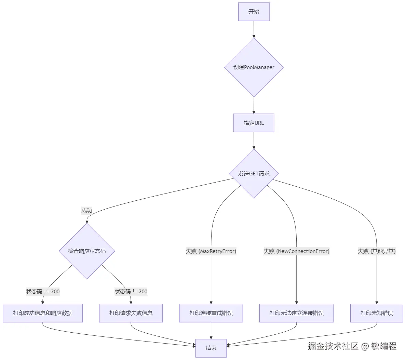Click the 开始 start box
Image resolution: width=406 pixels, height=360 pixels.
coord(254,12)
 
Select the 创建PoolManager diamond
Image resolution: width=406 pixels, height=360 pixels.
coord(254,67)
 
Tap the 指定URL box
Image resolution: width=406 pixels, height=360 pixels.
coord(254,123)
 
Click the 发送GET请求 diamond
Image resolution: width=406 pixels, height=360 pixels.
coord(254,174)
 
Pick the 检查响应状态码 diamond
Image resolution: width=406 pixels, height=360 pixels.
coord(87,251)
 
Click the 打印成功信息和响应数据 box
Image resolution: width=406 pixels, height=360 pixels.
coord(43,313)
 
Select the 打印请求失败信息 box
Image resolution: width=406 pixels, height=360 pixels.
coord(131,313)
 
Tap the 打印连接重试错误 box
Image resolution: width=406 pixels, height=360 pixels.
coord(211,313)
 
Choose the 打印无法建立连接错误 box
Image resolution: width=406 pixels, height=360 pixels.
coord(296,313)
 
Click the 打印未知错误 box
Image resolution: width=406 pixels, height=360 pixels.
coord(377,313)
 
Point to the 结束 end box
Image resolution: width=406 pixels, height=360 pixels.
coord(211,348)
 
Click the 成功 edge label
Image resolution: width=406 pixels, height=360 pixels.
coord(87,211)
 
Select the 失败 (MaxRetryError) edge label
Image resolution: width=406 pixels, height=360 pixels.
coord(211,251)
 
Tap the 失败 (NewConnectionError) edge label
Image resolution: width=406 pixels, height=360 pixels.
coord(296,251)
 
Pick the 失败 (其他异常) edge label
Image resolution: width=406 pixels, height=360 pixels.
coord(377,251)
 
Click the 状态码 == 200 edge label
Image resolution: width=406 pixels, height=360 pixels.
coord(43,292)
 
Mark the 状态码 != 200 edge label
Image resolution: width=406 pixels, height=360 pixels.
coord(131,292)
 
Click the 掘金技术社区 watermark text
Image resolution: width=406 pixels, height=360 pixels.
coord(333,346)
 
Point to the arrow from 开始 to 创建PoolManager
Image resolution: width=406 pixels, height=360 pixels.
coord(254,29)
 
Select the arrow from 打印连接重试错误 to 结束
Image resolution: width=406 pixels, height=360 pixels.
coord(211,331)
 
